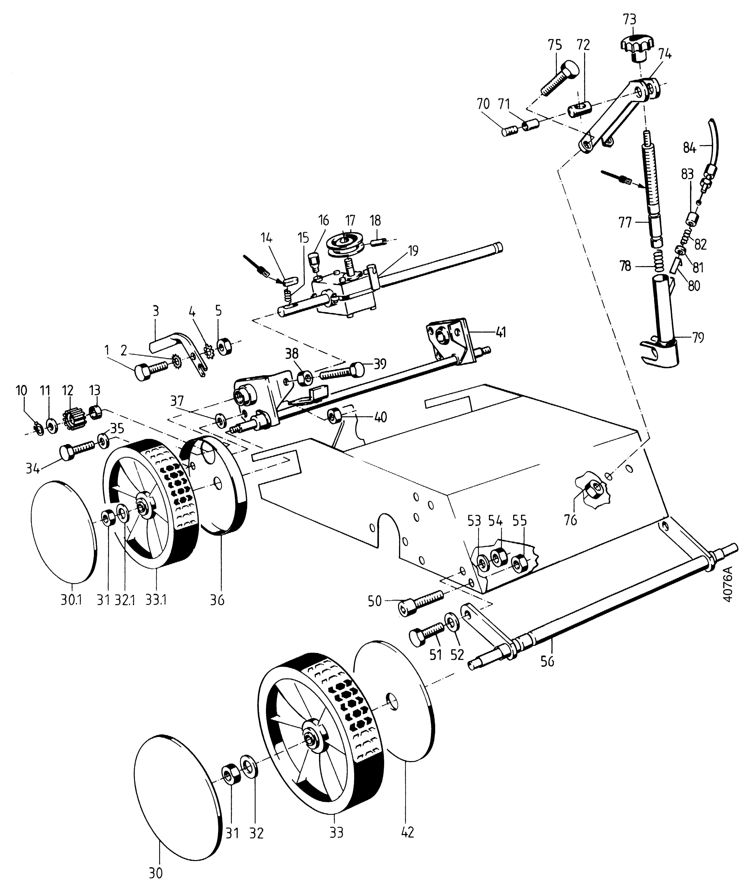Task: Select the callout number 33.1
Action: [x=155, y=600]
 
